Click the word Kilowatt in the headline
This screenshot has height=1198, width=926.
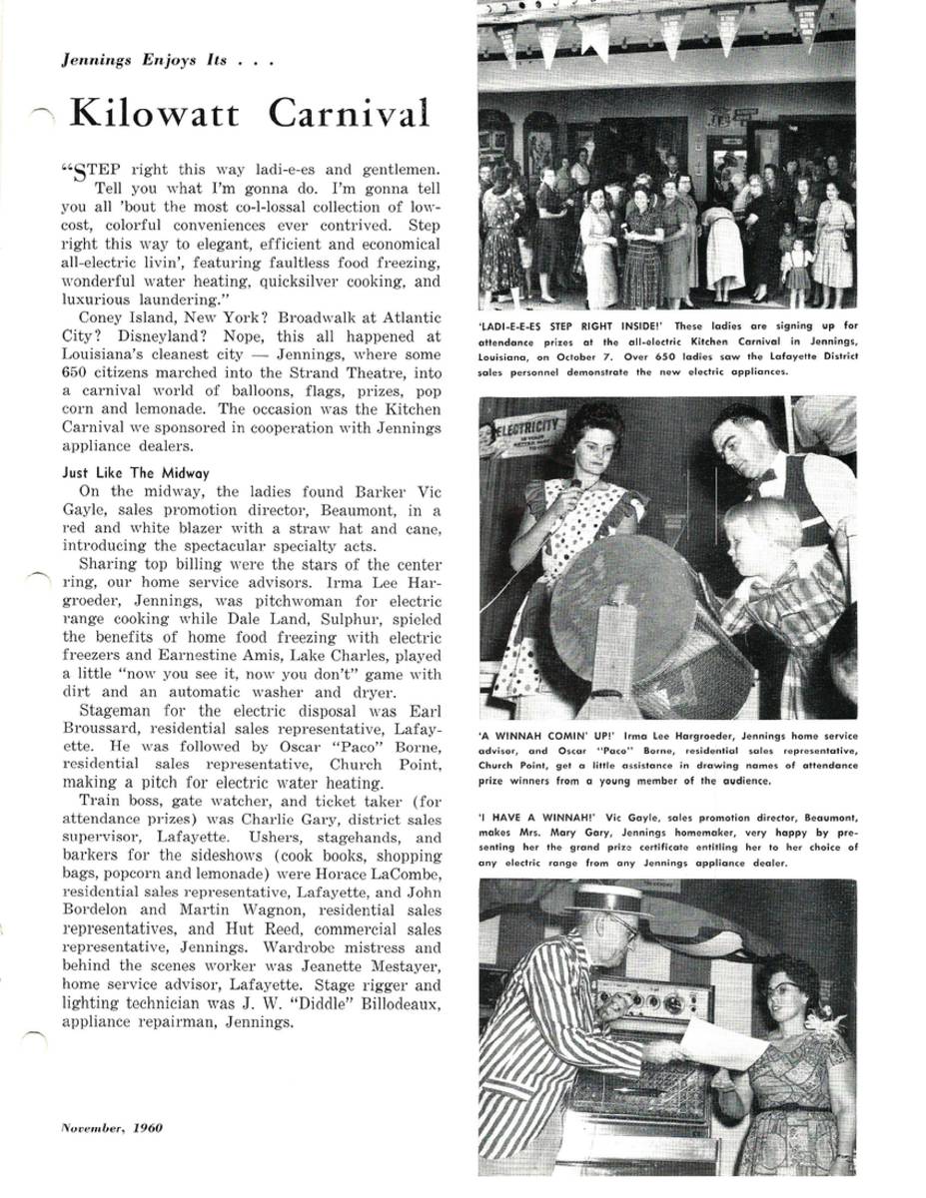[154, 114]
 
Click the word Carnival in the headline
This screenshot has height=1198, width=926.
[349, 114]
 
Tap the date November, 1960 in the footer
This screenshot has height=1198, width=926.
[111, 1128]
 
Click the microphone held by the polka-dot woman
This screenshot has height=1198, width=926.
[575, 486]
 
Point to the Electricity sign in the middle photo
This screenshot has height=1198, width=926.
[524, 430]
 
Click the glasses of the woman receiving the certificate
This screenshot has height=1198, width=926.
[782, 988]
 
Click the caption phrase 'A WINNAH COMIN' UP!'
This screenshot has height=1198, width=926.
[544, 737]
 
